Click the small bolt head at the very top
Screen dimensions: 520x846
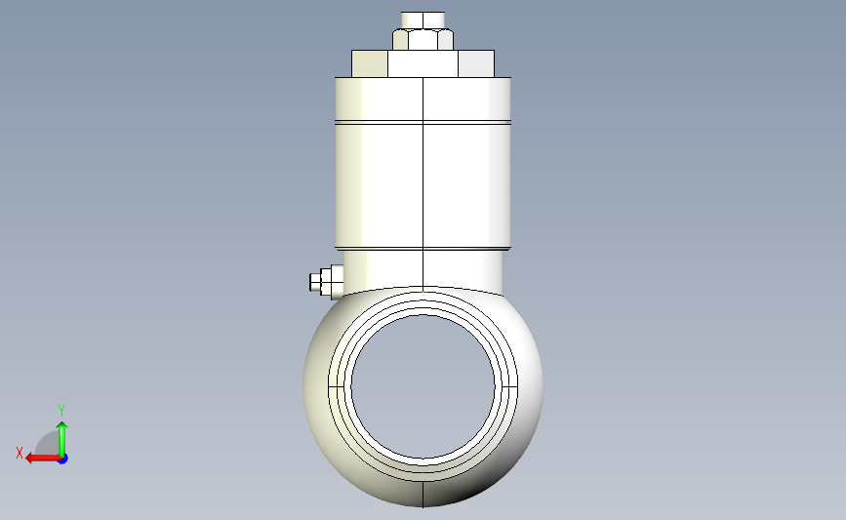pos(423,19)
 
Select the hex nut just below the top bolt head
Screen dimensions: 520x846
pos(423,40)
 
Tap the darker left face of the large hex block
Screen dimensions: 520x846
pos(369,64)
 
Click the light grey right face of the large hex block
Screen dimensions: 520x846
pos(477,64)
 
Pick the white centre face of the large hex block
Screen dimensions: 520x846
pos(423,64)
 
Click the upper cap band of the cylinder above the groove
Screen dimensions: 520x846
pos(423,99)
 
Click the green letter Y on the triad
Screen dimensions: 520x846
pos(60,411)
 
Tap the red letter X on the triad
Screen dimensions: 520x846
pos(20,453)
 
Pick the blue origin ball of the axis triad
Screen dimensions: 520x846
pos(61,458)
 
